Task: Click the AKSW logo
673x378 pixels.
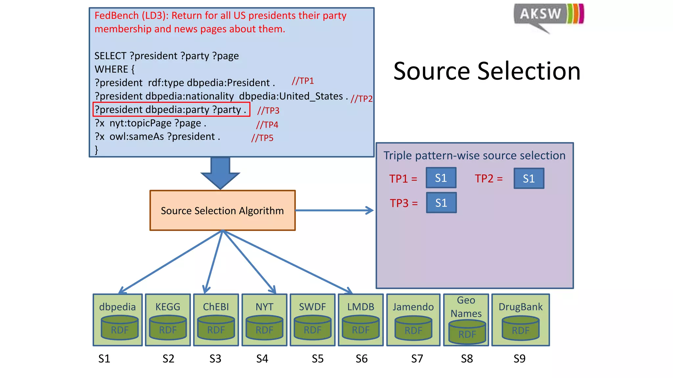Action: click(548, 16)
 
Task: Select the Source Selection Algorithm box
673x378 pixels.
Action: click(222, 210)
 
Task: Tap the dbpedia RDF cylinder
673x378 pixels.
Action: click(119, 328)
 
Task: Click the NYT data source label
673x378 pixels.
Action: click(264, 307)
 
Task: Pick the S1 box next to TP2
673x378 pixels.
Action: click(529, 178)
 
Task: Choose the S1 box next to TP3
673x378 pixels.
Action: click(441, 203)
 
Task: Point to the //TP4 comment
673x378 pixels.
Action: click(267, 125)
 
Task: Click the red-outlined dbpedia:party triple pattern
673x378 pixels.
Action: click(171, 110)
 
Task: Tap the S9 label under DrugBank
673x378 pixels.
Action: click(519, 359)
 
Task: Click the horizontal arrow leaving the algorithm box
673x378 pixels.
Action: click(334, 210)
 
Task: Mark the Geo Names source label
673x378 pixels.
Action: click(466, 307)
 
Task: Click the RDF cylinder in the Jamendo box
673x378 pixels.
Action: click(413, 328)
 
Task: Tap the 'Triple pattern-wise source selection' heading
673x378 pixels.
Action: click(474, 156)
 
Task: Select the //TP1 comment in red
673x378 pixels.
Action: click(303, 81)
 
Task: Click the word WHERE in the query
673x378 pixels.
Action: click(111, 69)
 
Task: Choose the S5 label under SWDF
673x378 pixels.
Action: click(317, 359)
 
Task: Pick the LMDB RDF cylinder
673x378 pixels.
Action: click(360, 328)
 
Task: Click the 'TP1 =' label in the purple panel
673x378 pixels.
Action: click(403, 179)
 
